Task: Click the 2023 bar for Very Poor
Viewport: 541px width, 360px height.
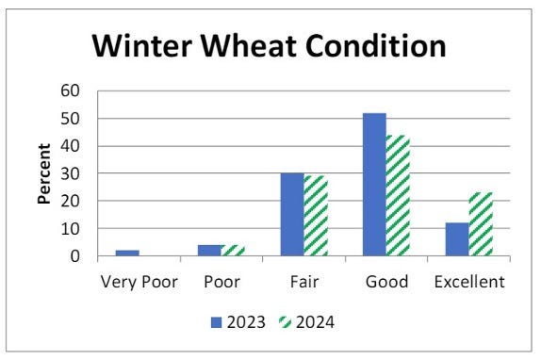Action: click(128, 253)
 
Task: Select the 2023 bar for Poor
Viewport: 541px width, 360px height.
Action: click(210, 251)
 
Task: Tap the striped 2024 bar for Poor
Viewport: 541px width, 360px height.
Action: click(233, 251)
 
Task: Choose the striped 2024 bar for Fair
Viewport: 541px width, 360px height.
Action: click(315, 216)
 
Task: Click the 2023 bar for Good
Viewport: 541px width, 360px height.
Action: click(374, 185)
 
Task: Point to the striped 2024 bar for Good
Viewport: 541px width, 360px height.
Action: click(397, 195)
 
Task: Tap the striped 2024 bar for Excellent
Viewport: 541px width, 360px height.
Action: click(480, 224)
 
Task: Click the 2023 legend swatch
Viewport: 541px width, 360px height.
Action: click(217, 322)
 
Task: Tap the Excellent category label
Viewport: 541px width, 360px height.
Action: click(468, 282)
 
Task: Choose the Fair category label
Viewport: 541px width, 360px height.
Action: click(304, 282)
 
